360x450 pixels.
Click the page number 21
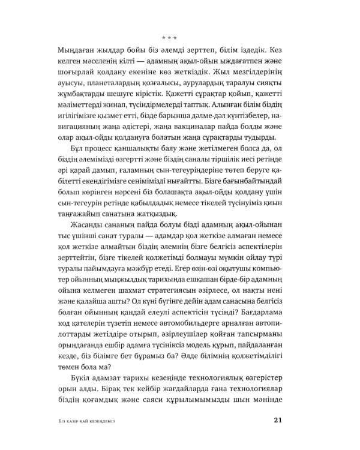[277, 419]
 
